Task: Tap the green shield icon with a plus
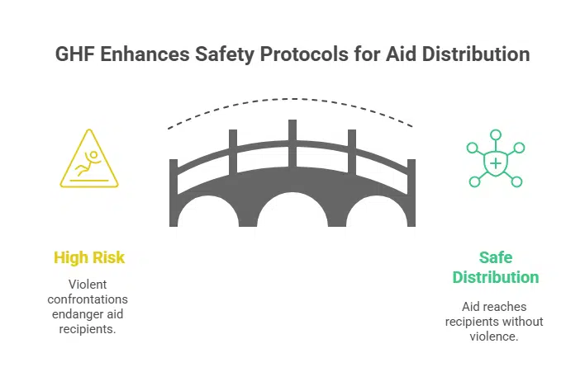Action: pos(495,163)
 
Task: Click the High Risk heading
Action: pos(89,257)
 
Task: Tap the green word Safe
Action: pos(496,257)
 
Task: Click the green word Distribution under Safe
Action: pos(496,277)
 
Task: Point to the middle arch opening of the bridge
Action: pos(292,216)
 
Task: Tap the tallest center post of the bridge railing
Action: pos(292,136)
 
